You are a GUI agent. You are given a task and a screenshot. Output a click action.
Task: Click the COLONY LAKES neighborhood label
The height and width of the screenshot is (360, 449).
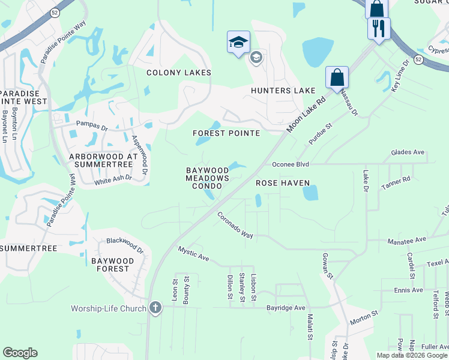[179, 73]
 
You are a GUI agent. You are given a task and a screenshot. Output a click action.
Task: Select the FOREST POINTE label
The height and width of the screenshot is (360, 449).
[226, 133]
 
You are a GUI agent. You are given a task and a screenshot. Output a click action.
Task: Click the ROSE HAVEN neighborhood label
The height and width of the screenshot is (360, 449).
[283, 183]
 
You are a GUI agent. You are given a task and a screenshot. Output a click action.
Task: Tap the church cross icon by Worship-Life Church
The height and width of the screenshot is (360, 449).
[155, 308]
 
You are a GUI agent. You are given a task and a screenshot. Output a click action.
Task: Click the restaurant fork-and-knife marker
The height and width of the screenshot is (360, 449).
[379, 28]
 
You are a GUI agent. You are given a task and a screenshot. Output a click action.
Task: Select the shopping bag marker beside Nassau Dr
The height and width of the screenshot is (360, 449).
[337, 77]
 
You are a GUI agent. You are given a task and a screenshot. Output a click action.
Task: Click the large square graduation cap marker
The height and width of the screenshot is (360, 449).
[238, 42]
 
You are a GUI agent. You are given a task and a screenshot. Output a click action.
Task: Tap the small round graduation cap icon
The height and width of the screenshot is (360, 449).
[256, 58]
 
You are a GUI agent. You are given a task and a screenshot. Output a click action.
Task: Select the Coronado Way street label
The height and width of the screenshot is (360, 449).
[235, 225]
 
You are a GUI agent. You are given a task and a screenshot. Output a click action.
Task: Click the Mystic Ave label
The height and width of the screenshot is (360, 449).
[193, 253]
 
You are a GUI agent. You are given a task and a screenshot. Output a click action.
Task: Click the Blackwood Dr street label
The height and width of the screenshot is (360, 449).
[125, 245]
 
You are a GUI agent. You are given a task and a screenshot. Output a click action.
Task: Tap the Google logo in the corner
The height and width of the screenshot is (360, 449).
[20, 353]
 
